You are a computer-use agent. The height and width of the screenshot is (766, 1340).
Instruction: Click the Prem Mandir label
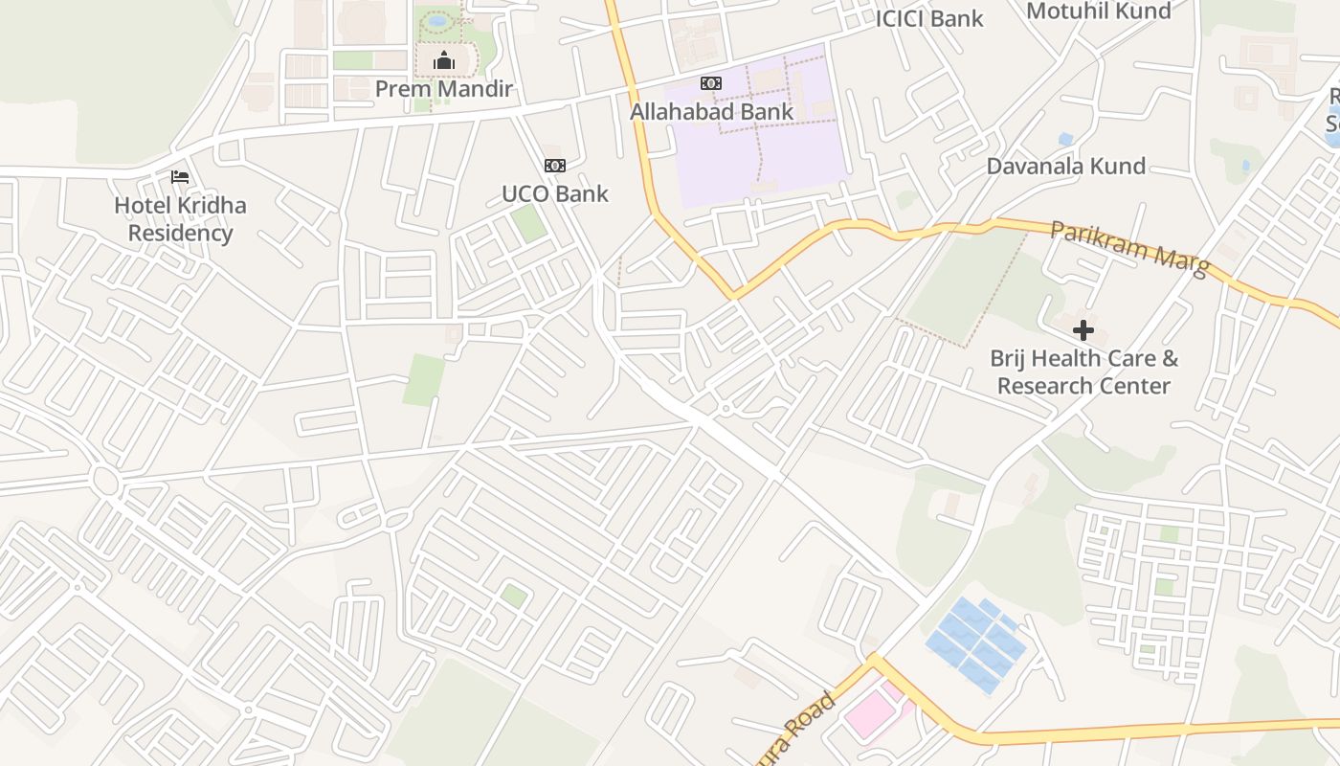(x=444, y=89)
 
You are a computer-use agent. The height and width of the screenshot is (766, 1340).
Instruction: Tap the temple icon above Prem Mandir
(x=443, y=63)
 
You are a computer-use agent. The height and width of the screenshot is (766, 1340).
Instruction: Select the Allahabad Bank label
(x=711, y=111)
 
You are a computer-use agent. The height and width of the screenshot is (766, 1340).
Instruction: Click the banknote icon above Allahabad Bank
(x=711, y=84)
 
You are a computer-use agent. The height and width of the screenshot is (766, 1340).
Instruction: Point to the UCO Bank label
(x=555, y=193)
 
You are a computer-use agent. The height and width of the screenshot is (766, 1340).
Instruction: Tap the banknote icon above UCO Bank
(x=554, y=166)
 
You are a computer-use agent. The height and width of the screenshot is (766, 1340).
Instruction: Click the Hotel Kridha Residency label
(x=180, y=219)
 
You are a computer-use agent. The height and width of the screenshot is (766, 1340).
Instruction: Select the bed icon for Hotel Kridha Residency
(x=179, y=177)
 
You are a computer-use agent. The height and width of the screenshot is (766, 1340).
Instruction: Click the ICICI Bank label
(x=929, y=18)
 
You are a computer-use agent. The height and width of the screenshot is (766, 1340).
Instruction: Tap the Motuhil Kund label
(x=1098, y=11)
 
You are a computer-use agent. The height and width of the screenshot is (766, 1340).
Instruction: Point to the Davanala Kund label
(x=1065, y=166)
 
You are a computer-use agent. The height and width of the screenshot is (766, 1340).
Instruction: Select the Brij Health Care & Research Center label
(x=1083, y=372)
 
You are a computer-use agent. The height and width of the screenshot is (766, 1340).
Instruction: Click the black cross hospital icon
(x=1083, y=330)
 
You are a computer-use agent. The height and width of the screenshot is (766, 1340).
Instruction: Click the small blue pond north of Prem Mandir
(x=437, y=20)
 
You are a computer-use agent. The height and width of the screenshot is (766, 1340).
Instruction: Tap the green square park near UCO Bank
(x=527, y=223)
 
